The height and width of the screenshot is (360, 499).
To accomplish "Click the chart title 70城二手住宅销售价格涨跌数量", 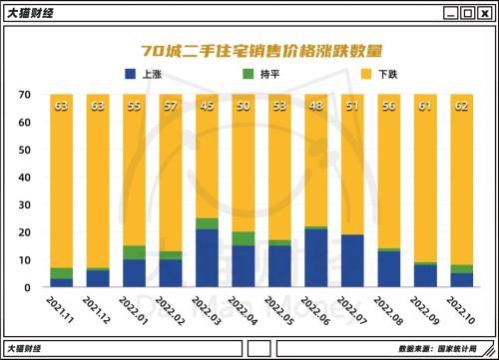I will click(x=249, y=50).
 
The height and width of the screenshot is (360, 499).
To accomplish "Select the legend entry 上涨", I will click(x=151, y=75).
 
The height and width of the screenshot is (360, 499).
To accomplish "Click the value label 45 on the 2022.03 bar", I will click(x=208, y=105).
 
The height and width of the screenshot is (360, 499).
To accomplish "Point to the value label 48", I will click(x=316, y=105).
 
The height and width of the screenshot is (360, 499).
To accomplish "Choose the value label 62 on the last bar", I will click(x=462, y=105).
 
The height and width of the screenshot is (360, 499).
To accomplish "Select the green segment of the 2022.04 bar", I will click(x=244, y=238).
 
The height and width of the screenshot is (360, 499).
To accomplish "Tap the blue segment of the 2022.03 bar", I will click(x=208, y=257).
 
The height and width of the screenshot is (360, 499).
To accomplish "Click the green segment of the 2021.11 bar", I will click(x=62, y=272).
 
